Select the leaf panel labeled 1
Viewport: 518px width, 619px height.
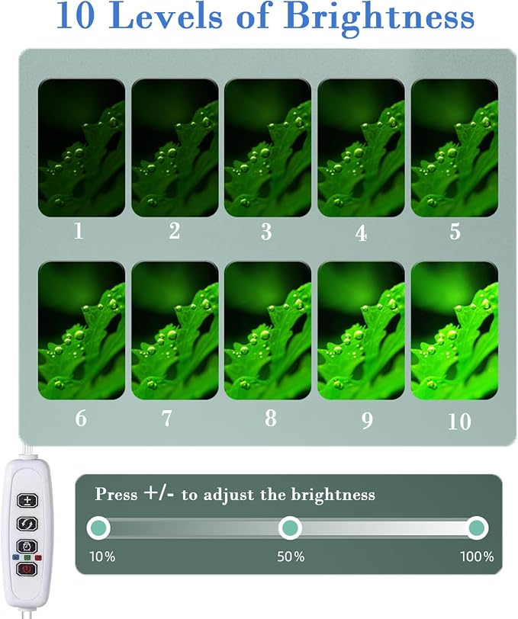tap(82, 148)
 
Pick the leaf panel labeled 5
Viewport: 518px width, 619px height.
tap(455, 148)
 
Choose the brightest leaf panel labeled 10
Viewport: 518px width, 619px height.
tap(455, 331)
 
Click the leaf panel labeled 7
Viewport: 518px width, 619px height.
tap(175, 331)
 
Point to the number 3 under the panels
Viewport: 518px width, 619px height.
tap(266, 232)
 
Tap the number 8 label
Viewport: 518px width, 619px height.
tap(270, 418)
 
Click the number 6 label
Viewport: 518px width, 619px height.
tap(81, 418)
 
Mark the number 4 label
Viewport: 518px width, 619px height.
tap(361, 233)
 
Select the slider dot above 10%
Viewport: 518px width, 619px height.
tap(98, 528)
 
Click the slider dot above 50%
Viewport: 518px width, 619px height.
tap(291, 528)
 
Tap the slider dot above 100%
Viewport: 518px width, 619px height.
tap(477, 528)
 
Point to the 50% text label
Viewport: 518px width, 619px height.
tap(291, 556)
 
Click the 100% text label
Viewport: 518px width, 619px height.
tap(477, 556)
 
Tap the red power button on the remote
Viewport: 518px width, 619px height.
tap(27, 569)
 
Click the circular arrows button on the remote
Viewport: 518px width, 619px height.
tap(27, 524)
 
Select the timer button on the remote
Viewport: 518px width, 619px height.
tap(27, 547)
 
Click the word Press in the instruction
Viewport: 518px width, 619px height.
tap(116, 494)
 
